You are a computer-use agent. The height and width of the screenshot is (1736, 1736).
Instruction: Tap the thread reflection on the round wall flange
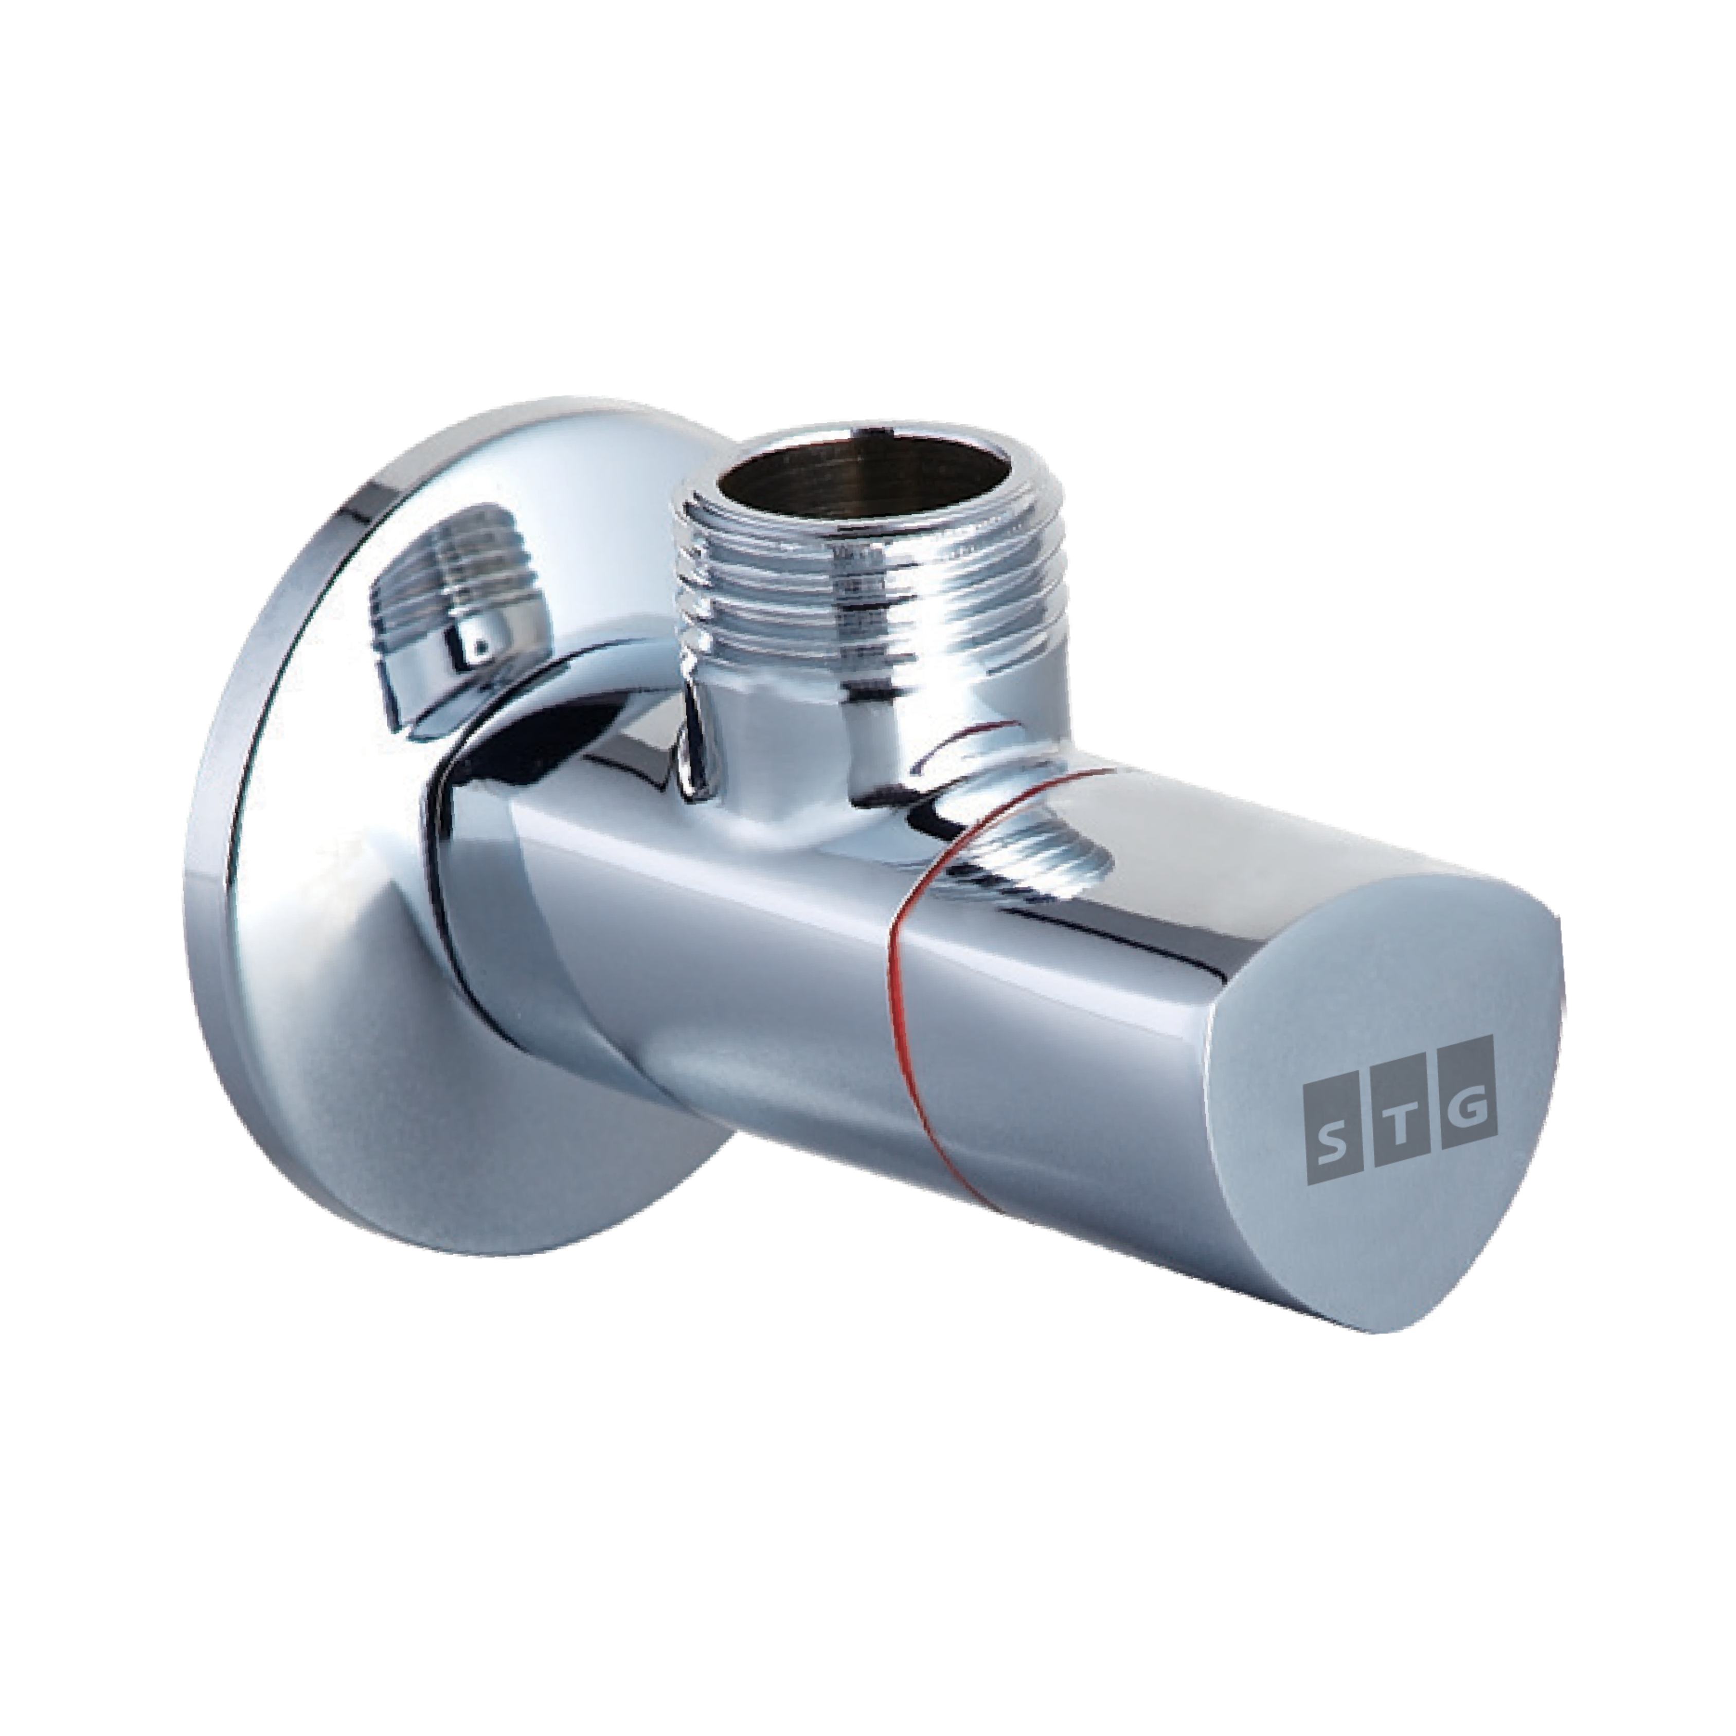click(458, 575)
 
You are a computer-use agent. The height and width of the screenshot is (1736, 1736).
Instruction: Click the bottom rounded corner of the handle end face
click(1402, 1330)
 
